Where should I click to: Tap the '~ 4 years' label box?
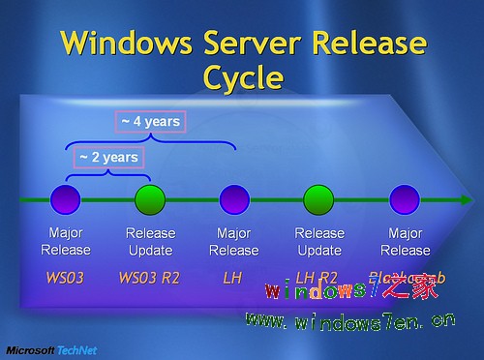pos(151,122)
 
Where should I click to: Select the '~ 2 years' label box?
pos(108,157)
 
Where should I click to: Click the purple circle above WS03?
pos(67,200)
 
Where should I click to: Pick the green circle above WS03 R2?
pos(149,200)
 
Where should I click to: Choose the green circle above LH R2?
pos(318,200)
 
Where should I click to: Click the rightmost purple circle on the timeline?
pos(403,200)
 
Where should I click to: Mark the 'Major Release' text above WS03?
pos(66,241)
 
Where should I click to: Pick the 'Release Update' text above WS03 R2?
pos(150,241)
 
